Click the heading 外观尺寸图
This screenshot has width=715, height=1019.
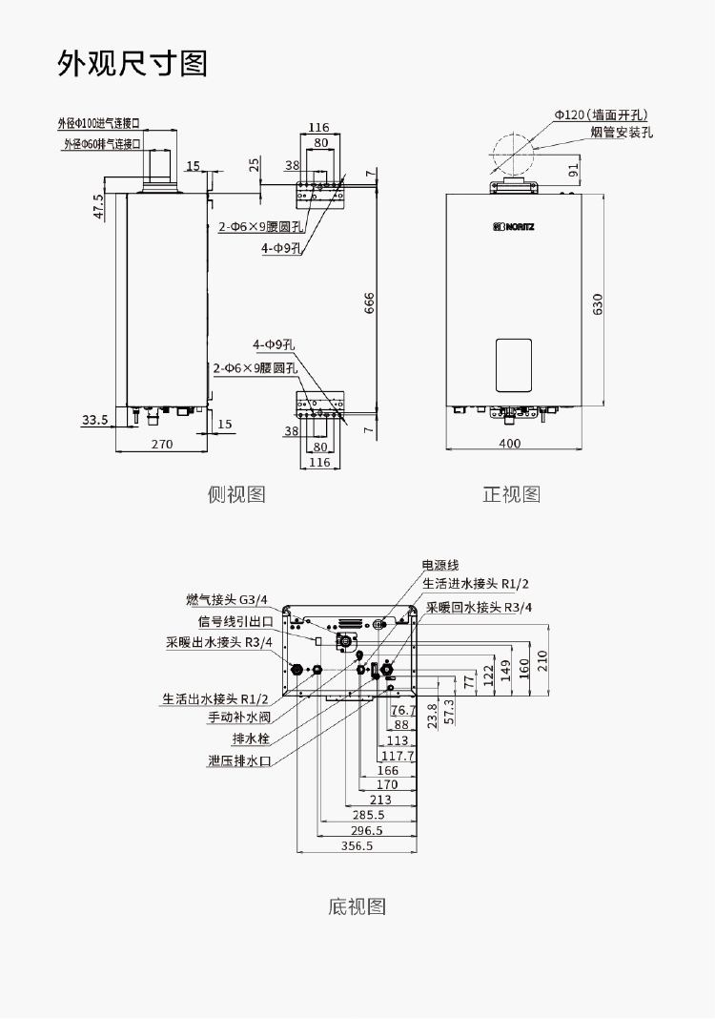tap(133, 64)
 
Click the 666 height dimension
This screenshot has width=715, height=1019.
tap(369, 302)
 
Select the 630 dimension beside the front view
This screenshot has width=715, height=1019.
tap(598, 304)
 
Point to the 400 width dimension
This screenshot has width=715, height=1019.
tap(510, 443)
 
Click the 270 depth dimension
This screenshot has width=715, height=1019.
tap(161, 443)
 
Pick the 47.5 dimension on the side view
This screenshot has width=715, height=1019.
tap(98, 208)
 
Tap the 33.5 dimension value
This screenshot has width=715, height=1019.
tap(94, 419)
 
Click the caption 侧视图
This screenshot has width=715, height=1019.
tap(236, 493)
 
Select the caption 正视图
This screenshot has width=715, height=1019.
tap(511, 493)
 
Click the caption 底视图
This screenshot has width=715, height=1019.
tap(357, 905)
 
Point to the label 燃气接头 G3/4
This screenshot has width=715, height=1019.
tap(227, 599)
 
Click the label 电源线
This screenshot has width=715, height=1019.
tap(440, 566)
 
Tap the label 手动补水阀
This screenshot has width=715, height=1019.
tap(240, 717)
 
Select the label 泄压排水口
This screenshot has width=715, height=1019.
tap(240, 760)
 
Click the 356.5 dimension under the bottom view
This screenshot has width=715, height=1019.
tap(357, 846)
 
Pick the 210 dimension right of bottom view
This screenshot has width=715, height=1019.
tap(542, 659)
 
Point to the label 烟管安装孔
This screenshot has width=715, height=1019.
tap(622, 133)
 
